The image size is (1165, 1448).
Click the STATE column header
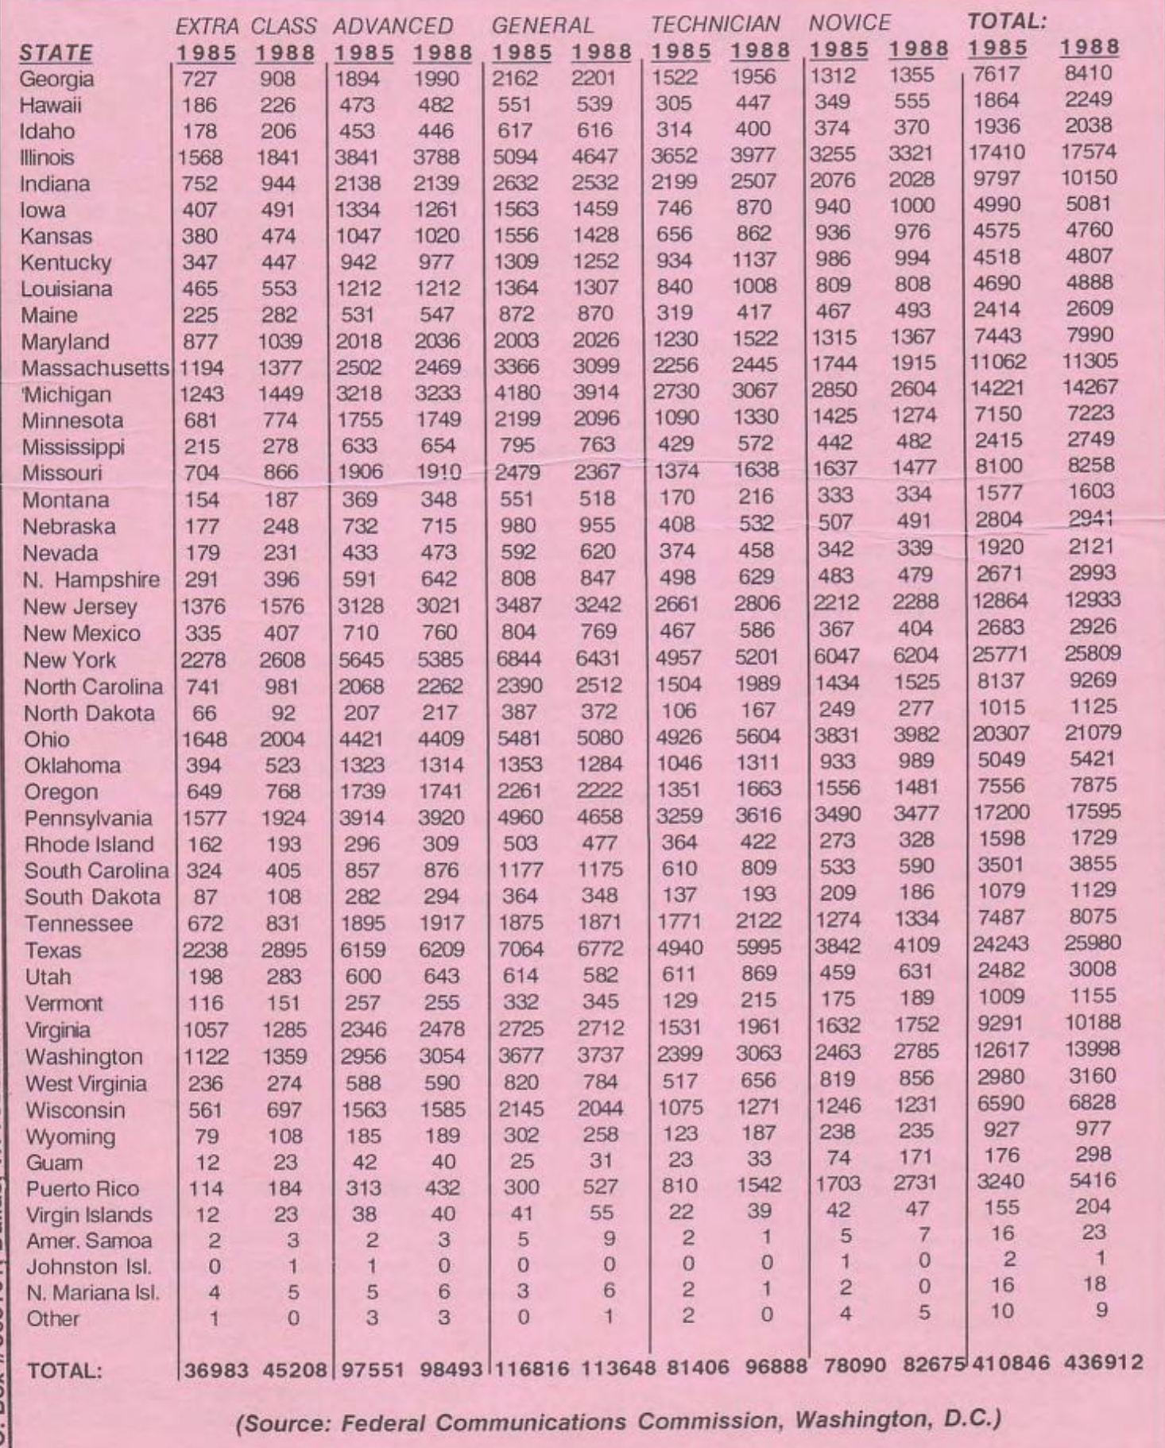point(56,53)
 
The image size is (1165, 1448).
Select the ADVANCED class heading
point(393,25)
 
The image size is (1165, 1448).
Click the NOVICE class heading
point(850,22)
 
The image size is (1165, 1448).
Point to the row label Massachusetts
point(95,369)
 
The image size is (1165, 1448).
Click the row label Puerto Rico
point(82,1189)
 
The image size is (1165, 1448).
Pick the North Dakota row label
point(89,713)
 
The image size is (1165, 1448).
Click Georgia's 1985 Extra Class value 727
point(199,79)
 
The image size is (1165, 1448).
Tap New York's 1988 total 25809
point(1093,654)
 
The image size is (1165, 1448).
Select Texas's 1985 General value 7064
point(520,949)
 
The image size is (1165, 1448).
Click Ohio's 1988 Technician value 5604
point(757,737)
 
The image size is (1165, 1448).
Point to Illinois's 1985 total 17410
point(999,152)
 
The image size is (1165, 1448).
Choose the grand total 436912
point(1101,1363)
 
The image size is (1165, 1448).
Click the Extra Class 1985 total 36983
point(216,1370)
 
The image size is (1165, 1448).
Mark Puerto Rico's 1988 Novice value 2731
point(916,1182)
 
